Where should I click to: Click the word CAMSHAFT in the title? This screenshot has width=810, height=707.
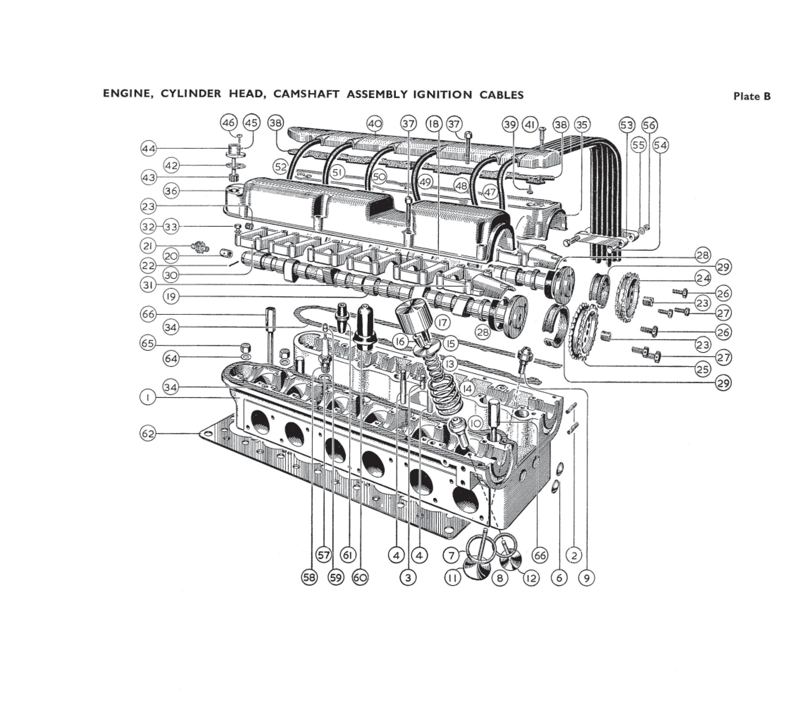pyautogui.click(x=305, y=94)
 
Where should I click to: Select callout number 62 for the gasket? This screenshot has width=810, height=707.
pyautogui.click(x=148, y=434)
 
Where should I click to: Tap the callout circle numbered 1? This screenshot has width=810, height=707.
pyautogui.click(x=148, y=398)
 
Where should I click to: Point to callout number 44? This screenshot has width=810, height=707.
pyautogui.click(x=148, y=149)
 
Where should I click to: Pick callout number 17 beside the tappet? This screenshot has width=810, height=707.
pyautogui.click(x=442, y=323)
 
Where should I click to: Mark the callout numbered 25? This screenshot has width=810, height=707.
pyautogui.click(x=703, y=370)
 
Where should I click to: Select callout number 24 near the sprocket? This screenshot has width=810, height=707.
pyautogui.click(x=703, y=279)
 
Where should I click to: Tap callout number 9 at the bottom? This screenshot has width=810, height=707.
pyautogui.click(x=586, y=578)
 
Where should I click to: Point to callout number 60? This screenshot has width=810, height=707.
pyautogui.click(x=360, y=578)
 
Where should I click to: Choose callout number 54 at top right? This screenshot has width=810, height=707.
pyautogui.click(x=660, y=146)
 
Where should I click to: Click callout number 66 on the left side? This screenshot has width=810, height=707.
pyautogui.click(x=148, y=314)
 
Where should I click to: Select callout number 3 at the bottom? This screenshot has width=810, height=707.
pyautogui.click(x=408, y=578)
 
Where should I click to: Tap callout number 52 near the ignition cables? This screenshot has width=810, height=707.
pyautogui.click(x=281, y=167)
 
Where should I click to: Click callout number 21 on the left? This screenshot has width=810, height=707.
pyautogui.click(x=148, y=246)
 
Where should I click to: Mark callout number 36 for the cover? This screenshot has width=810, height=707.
pyautogui.click(x=171, y=191)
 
